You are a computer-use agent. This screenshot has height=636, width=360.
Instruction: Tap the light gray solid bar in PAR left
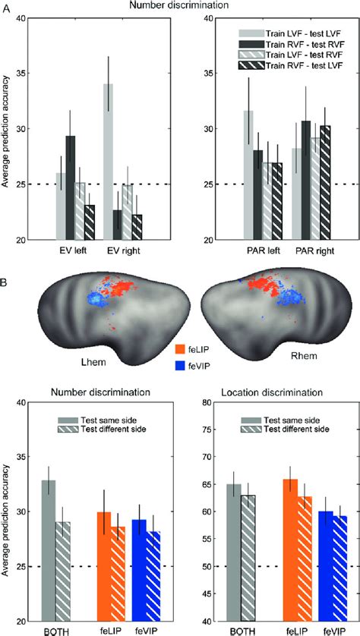tap(226, 175)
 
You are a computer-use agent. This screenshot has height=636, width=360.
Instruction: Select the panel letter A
tap(5, 8)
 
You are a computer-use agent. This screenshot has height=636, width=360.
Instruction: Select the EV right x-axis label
tap(115, 249)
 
